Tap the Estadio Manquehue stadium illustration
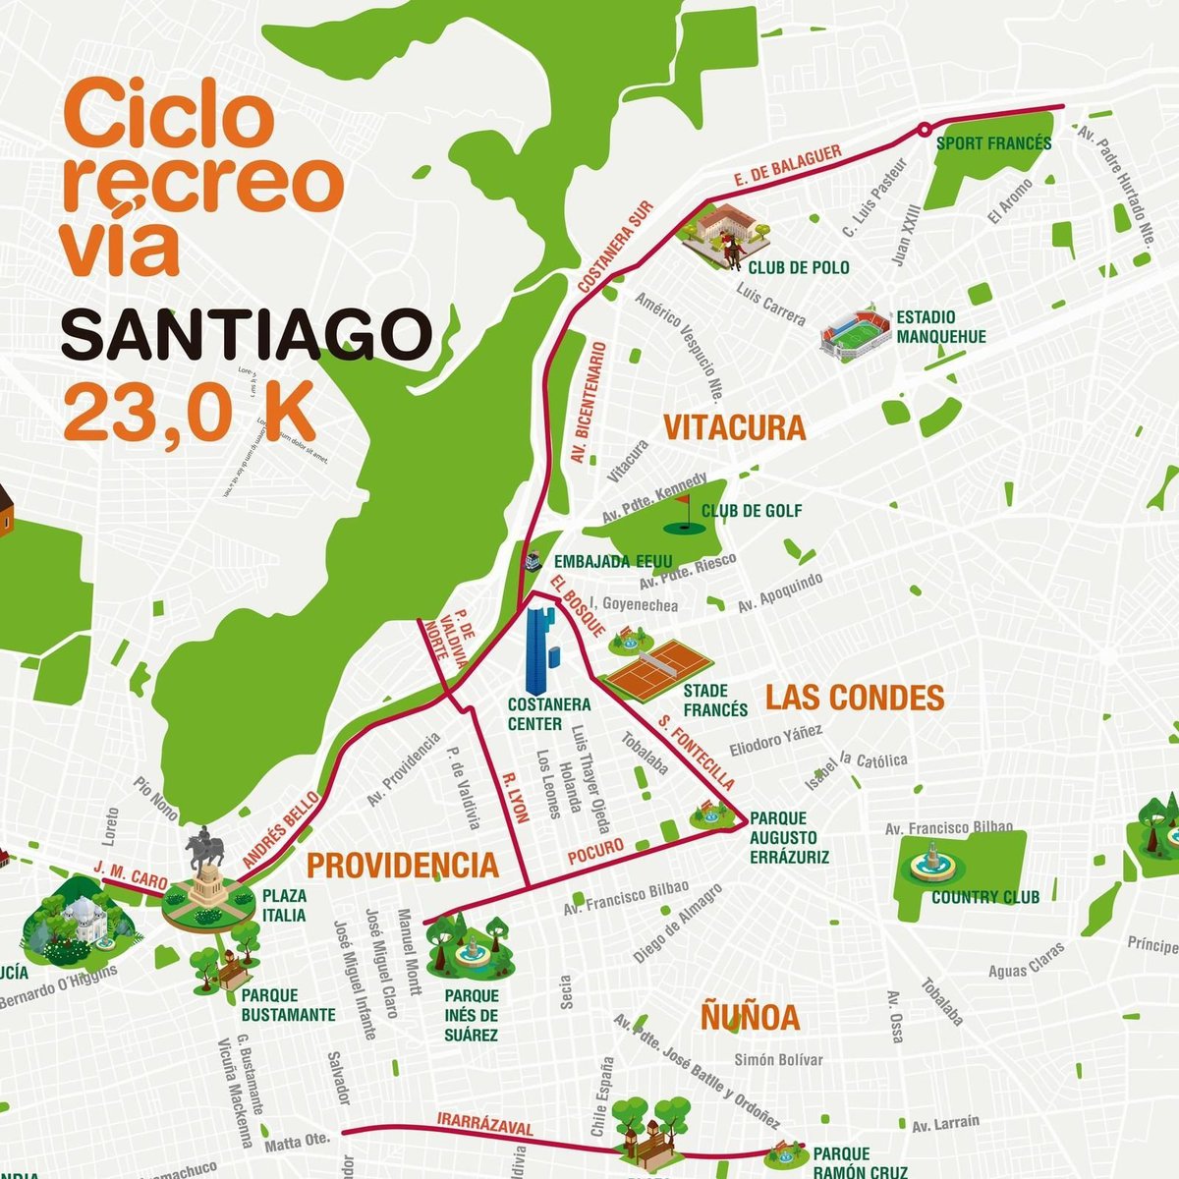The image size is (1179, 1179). tap(855, 335)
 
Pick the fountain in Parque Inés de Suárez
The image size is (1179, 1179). tap(469, 948)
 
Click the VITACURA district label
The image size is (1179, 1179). tap(734, 428)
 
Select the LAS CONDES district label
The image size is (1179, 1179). tap(854, 698)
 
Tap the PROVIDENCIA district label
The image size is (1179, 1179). tap(403, 866)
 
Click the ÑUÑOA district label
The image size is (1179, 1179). tap(750, 1017)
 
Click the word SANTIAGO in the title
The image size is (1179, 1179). tap(246, 335)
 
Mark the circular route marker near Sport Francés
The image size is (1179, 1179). tap(924, 128)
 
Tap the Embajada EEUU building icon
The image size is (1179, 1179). tap(533, 560)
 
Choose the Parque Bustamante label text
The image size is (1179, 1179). tap(288, 1005)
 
